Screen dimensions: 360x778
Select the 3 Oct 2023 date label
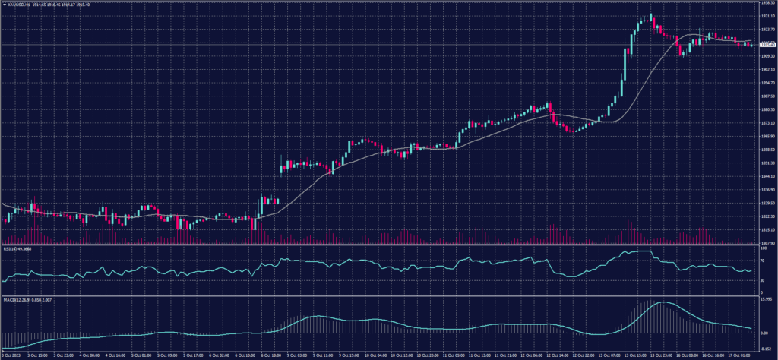coord(12,355)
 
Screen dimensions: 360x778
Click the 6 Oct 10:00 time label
coord(247,355)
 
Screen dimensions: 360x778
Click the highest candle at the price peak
coord(651,17)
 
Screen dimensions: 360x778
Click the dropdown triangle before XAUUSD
coord(5,5)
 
